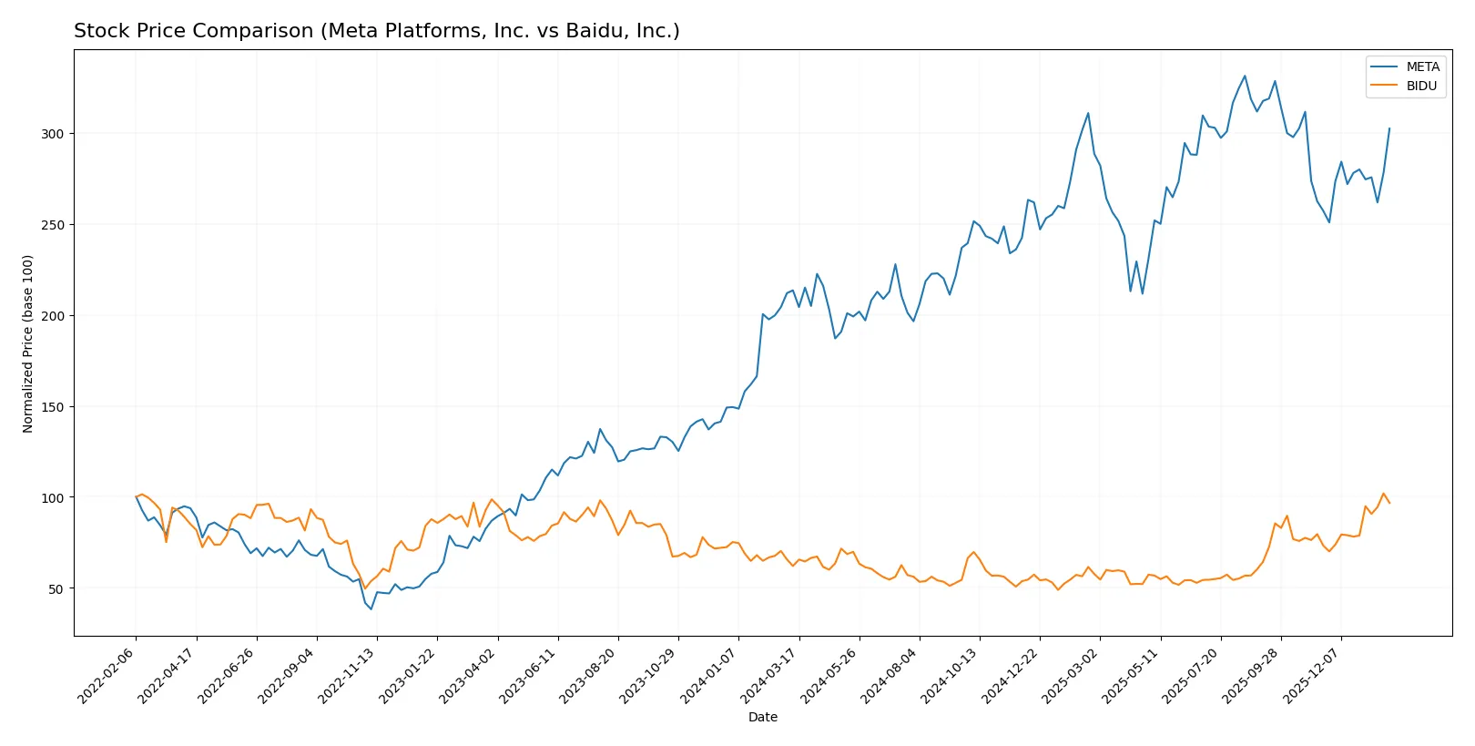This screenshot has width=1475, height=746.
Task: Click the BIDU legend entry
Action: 1420,86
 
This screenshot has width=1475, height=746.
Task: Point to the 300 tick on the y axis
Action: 52,134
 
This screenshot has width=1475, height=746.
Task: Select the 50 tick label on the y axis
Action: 56,589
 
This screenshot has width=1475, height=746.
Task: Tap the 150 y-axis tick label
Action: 52,407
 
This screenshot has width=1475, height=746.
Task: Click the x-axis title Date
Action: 762,717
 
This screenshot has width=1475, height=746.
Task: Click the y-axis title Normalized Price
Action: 28,343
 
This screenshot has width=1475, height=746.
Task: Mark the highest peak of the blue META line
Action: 1245,76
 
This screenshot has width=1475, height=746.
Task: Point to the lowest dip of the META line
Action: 371,608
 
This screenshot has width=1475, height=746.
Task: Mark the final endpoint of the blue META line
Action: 1389,128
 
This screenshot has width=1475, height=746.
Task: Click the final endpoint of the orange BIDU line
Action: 1389,503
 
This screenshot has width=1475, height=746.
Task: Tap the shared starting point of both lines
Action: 136,497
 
